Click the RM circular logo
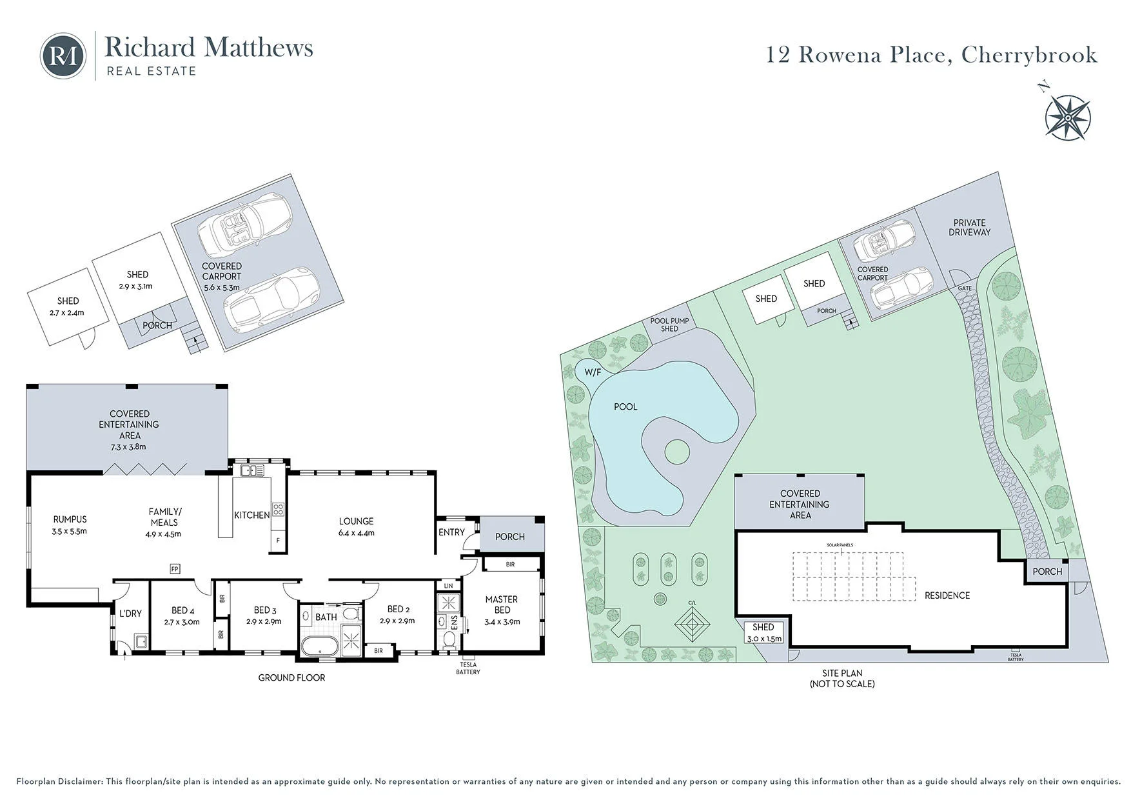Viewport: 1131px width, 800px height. click(x=63, y=56)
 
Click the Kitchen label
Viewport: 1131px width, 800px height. click(x=252, y=515)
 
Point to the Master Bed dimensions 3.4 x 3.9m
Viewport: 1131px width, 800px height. click(x=502, y=622)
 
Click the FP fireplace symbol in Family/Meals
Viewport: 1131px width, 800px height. click(x=175, y=569)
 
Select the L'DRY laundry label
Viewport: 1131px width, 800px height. click(x=130, y=614)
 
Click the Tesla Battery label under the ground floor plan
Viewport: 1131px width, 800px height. click(x=468, y=668)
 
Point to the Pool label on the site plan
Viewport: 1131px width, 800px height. click(x=625, y=406)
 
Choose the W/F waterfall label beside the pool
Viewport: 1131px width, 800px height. click(x=593, y=372)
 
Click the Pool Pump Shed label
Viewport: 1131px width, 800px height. click(x=669, y=325)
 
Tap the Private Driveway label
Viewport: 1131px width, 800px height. click(x=969, y=227)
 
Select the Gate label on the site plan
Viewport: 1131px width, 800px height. click(x=965, y=288)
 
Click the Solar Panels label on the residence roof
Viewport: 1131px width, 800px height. click(x=840, y=545)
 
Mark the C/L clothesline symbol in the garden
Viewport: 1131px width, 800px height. click(x=693, y=625)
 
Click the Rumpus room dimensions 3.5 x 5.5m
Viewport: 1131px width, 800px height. click(x=70, y=532)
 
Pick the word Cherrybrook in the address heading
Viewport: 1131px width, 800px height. click(x=1029, y=55)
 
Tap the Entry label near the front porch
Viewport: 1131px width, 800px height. click(x=451, y=532)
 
